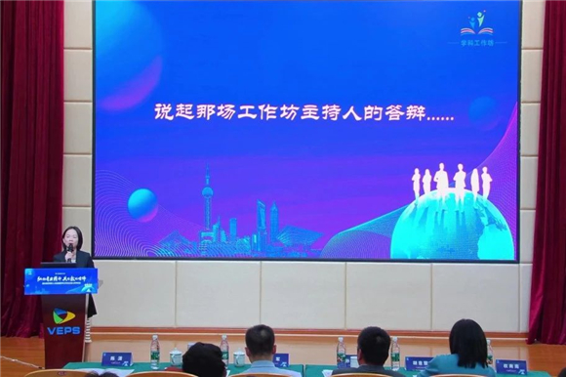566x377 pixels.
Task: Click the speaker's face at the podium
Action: tap(71, 237)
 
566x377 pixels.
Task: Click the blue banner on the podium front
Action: tap(61, 280)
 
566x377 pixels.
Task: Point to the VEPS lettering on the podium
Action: tap(62, 330)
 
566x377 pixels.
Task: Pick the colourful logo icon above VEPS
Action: tap(62, 314)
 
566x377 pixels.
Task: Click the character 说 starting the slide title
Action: tap(164, 112)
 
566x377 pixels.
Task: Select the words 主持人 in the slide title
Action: tap(331, 112)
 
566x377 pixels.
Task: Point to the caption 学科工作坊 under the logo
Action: tap(477, 43)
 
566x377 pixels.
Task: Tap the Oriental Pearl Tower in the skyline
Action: tap(207, 205)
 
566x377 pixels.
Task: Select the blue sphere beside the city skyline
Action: tap(142, 204)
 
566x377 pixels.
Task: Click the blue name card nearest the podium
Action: tap(116, 358)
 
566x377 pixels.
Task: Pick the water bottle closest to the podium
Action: tap(154, 350)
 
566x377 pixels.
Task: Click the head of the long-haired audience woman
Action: tap(468, 342)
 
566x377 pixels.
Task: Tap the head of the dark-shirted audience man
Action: tap(373, 346)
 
